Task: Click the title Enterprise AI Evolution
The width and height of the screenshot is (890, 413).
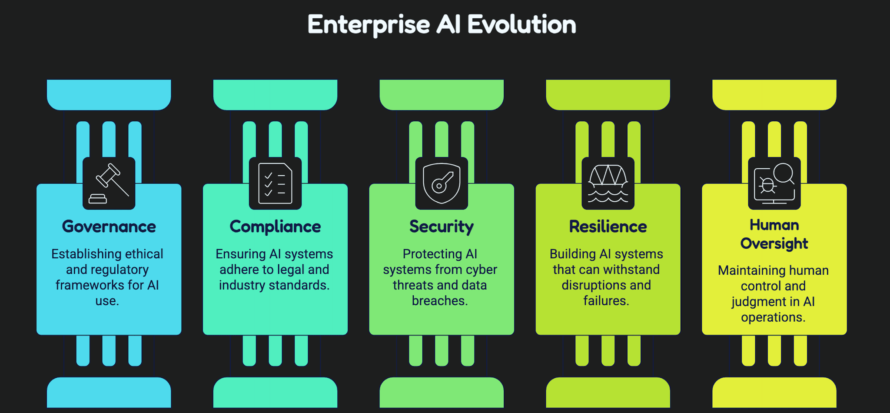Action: tap(442, 25)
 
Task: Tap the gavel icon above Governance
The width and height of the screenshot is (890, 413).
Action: tap(109, 183)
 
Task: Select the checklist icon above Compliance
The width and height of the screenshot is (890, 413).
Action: tap(276, 183)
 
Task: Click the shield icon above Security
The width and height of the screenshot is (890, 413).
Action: tap(442, 183)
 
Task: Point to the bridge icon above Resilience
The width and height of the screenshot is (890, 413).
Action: tap(608, 183)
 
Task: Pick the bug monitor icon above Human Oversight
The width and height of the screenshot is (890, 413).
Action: tap(774, 183)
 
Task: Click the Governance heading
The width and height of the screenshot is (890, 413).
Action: tap(109, 226)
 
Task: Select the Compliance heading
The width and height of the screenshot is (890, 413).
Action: tap(275, 227)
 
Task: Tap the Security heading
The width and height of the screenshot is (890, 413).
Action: tap(442, 227)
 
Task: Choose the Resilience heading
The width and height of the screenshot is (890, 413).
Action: tap(608, 226)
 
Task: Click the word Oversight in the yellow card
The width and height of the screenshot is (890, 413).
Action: tap(774, 244)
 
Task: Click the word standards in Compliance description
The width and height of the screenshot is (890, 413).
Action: tap(302, 285)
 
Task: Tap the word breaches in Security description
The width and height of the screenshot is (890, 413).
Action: tap(440, 301)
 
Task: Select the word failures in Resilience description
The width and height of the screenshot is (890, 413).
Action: tap(606, 301)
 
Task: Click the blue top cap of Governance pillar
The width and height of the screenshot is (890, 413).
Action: tap(109, 95)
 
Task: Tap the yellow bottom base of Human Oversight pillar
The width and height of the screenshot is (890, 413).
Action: tap(774, 393)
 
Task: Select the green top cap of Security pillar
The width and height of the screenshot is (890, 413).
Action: tap(442, 95)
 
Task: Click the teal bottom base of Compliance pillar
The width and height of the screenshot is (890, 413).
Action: tap(276, 393)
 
